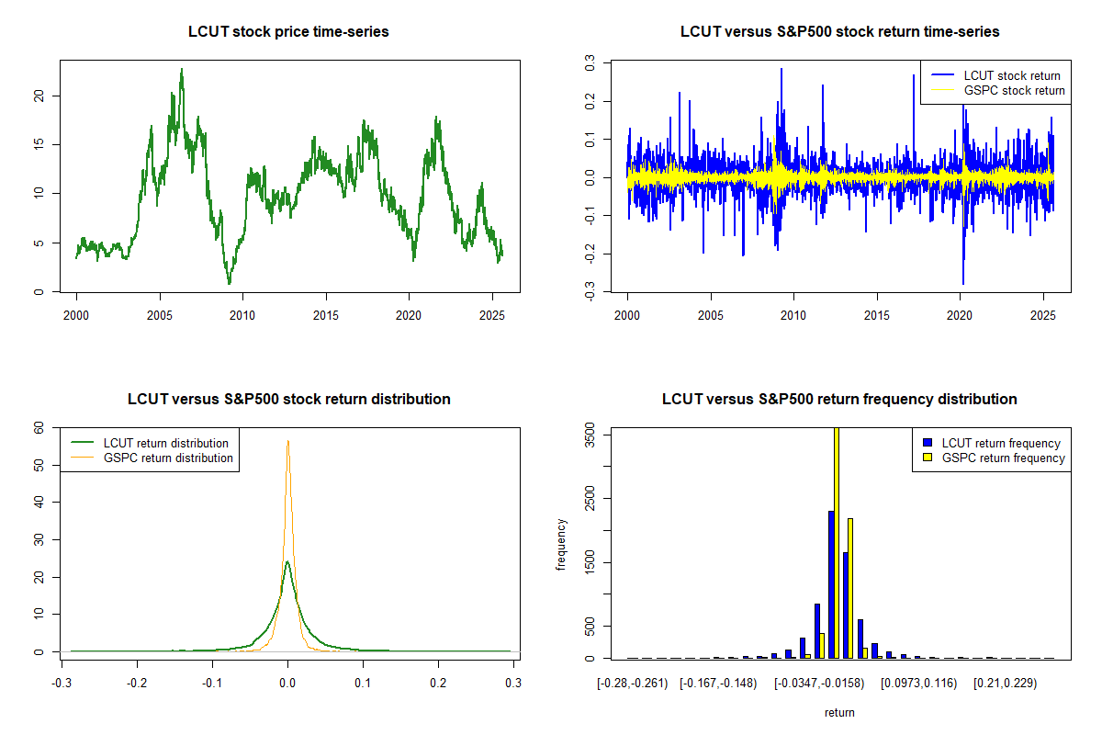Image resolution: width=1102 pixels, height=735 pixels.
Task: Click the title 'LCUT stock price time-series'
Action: (288, 32)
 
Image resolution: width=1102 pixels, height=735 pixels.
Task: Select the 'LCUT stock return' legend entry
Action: (1011, 75)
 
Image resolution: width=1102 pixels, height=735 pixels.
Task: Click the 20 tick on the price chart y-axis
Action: (39, 96)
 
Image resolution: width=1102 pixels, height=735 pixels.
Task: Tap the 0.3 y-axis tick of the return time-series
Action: (590, 62)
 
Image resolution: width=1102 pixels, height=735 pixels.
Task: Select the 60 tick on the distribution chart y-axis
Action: (39, 427)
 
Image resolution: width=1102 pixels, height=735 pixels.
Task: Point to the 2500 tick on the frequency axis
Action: (590, 499)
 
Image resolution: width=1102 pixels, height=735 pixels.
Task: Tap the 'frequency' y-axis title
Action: (561, 545)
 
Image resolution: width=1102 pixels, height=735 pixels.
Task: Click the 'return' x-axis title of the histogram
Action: (839, 712)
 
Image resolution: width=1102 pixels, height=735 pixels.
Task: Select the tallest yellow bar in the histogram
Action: (837, 542)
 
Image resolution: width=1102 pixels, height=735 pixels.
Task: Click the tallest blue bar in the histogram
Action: (830, 584)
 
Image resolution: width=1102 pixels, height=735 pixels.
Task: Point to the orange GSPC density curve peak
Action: (287, 441)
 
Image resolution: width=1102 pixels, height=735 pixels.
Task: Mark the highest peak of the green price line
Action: (182, 69)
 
